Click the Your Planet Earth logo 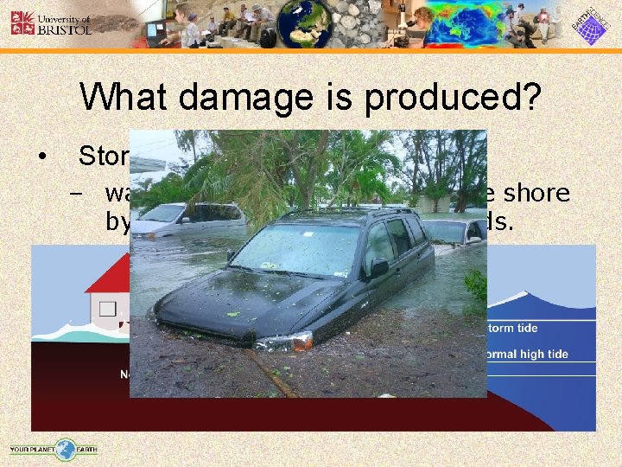tap(54, 449)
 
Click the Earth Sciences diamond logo tap(592, 24)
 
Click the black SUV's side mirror tap(378, 267)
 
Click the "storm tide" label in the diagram tap(517, 329)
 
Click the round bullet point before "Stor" tap(41, 156)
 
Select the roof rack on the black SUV tap(346, 213)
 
